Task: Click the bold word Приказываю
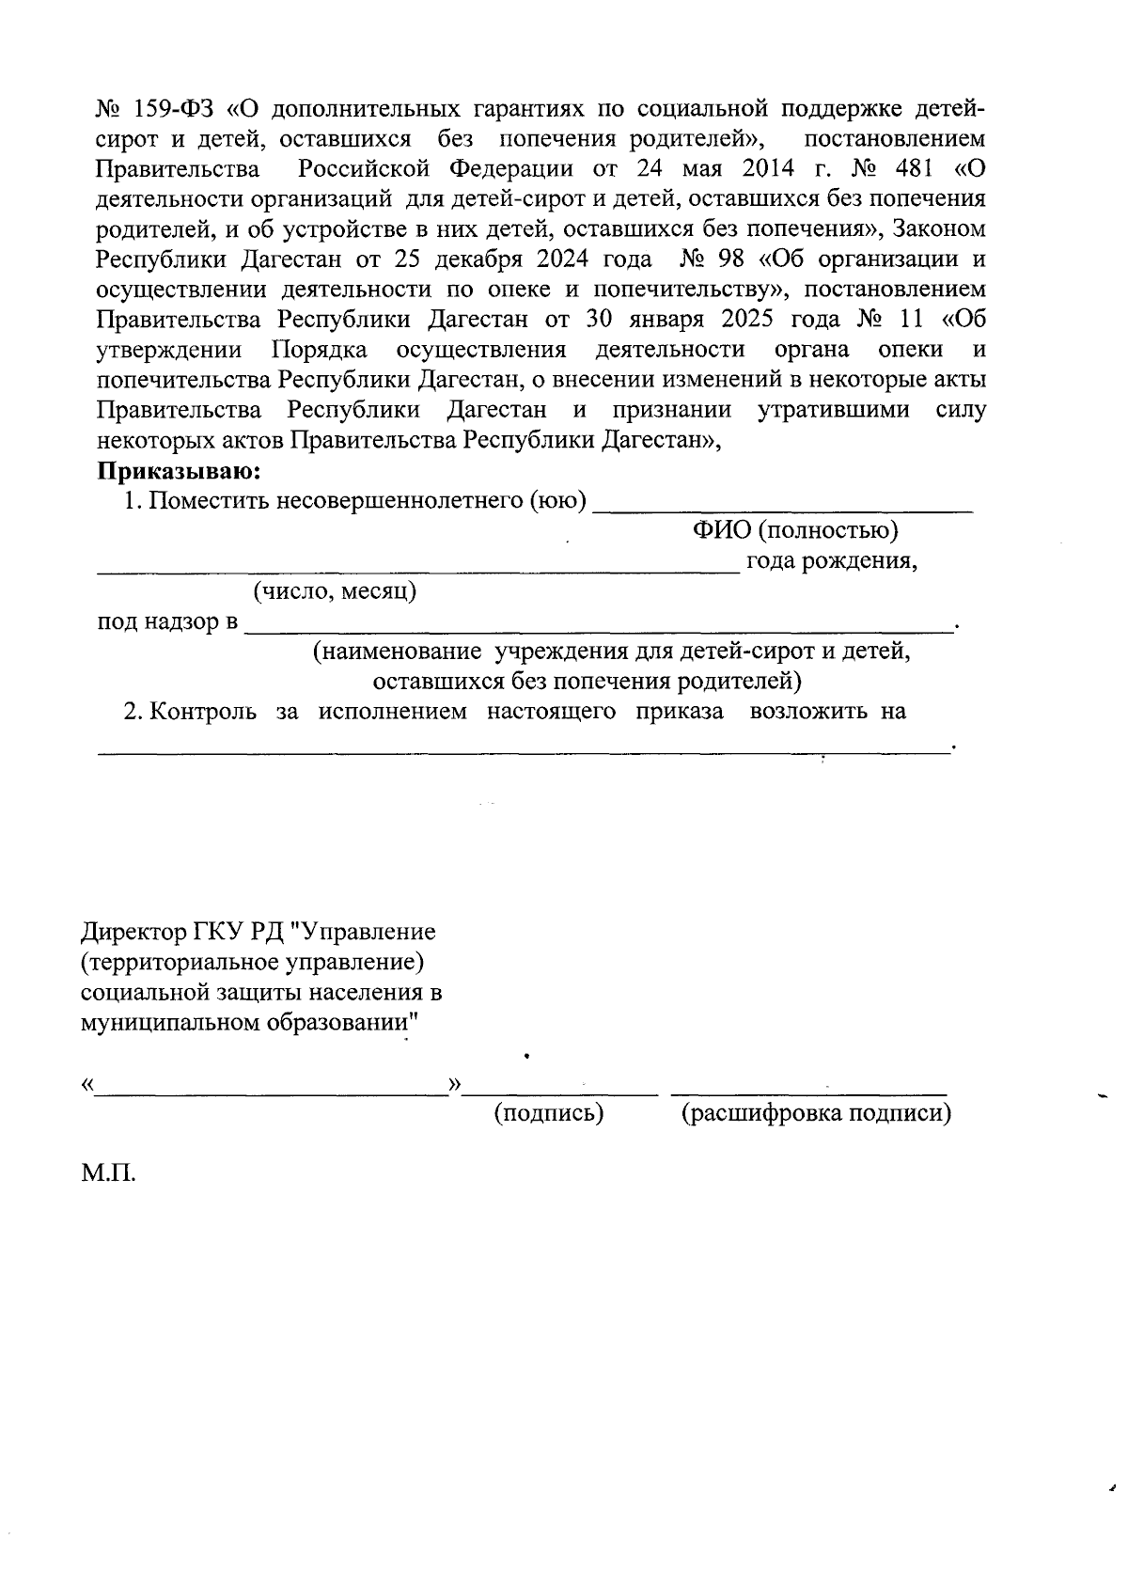pyautogui.click(x=179, y=470)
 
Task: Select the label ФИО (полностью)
pyautogui.click(x=795, y=531)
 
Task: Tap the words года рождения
pyautogui.click(x=831, y=561)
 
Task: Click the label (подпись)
pyautogui.click(x=548, y=1114)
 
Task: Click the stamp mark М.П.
pyautogui.click(x=109, y=1174)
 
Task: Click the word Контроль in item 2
pyautogui.click(x=203, y=712)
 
